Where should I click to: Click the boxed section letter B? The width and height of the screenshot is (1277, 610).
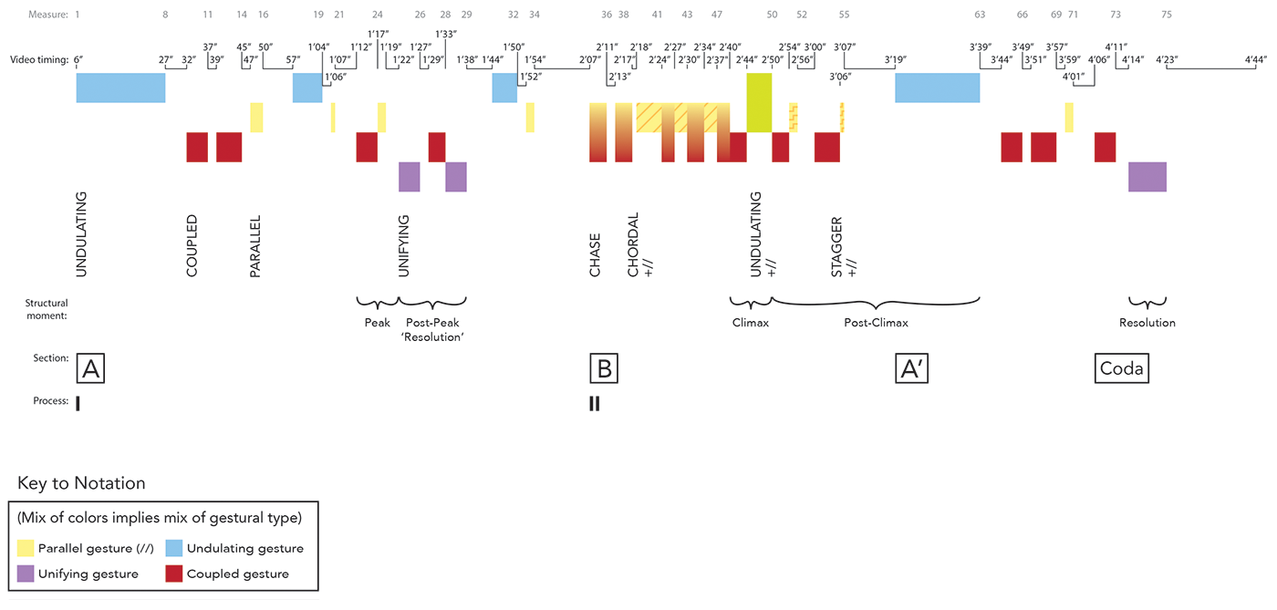[x=604, y=368]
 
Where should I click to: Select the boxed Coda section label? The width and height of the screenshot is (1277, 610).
[x=1122, y=368]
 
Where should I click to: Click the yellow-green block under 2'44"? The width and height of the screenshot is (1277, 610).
[x=759, y=102]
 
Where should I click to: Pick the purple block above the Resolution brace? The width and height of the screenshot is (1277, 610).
[x=1147, y=177]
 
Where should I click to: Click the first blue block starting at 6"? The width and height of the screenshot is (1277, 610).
[x=120, y=88]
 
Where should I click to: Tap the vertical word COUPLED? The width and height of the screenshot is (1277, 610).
[x=192, y=246]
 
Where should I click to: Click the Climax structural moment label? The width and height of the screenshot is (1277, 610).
[x=752, y=323]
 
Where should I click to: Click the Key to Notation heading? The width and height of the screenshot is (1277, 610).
[x=81, y=483]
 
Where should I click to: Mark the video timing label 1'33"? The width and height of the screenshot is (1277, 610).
[x=446, y=34]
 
